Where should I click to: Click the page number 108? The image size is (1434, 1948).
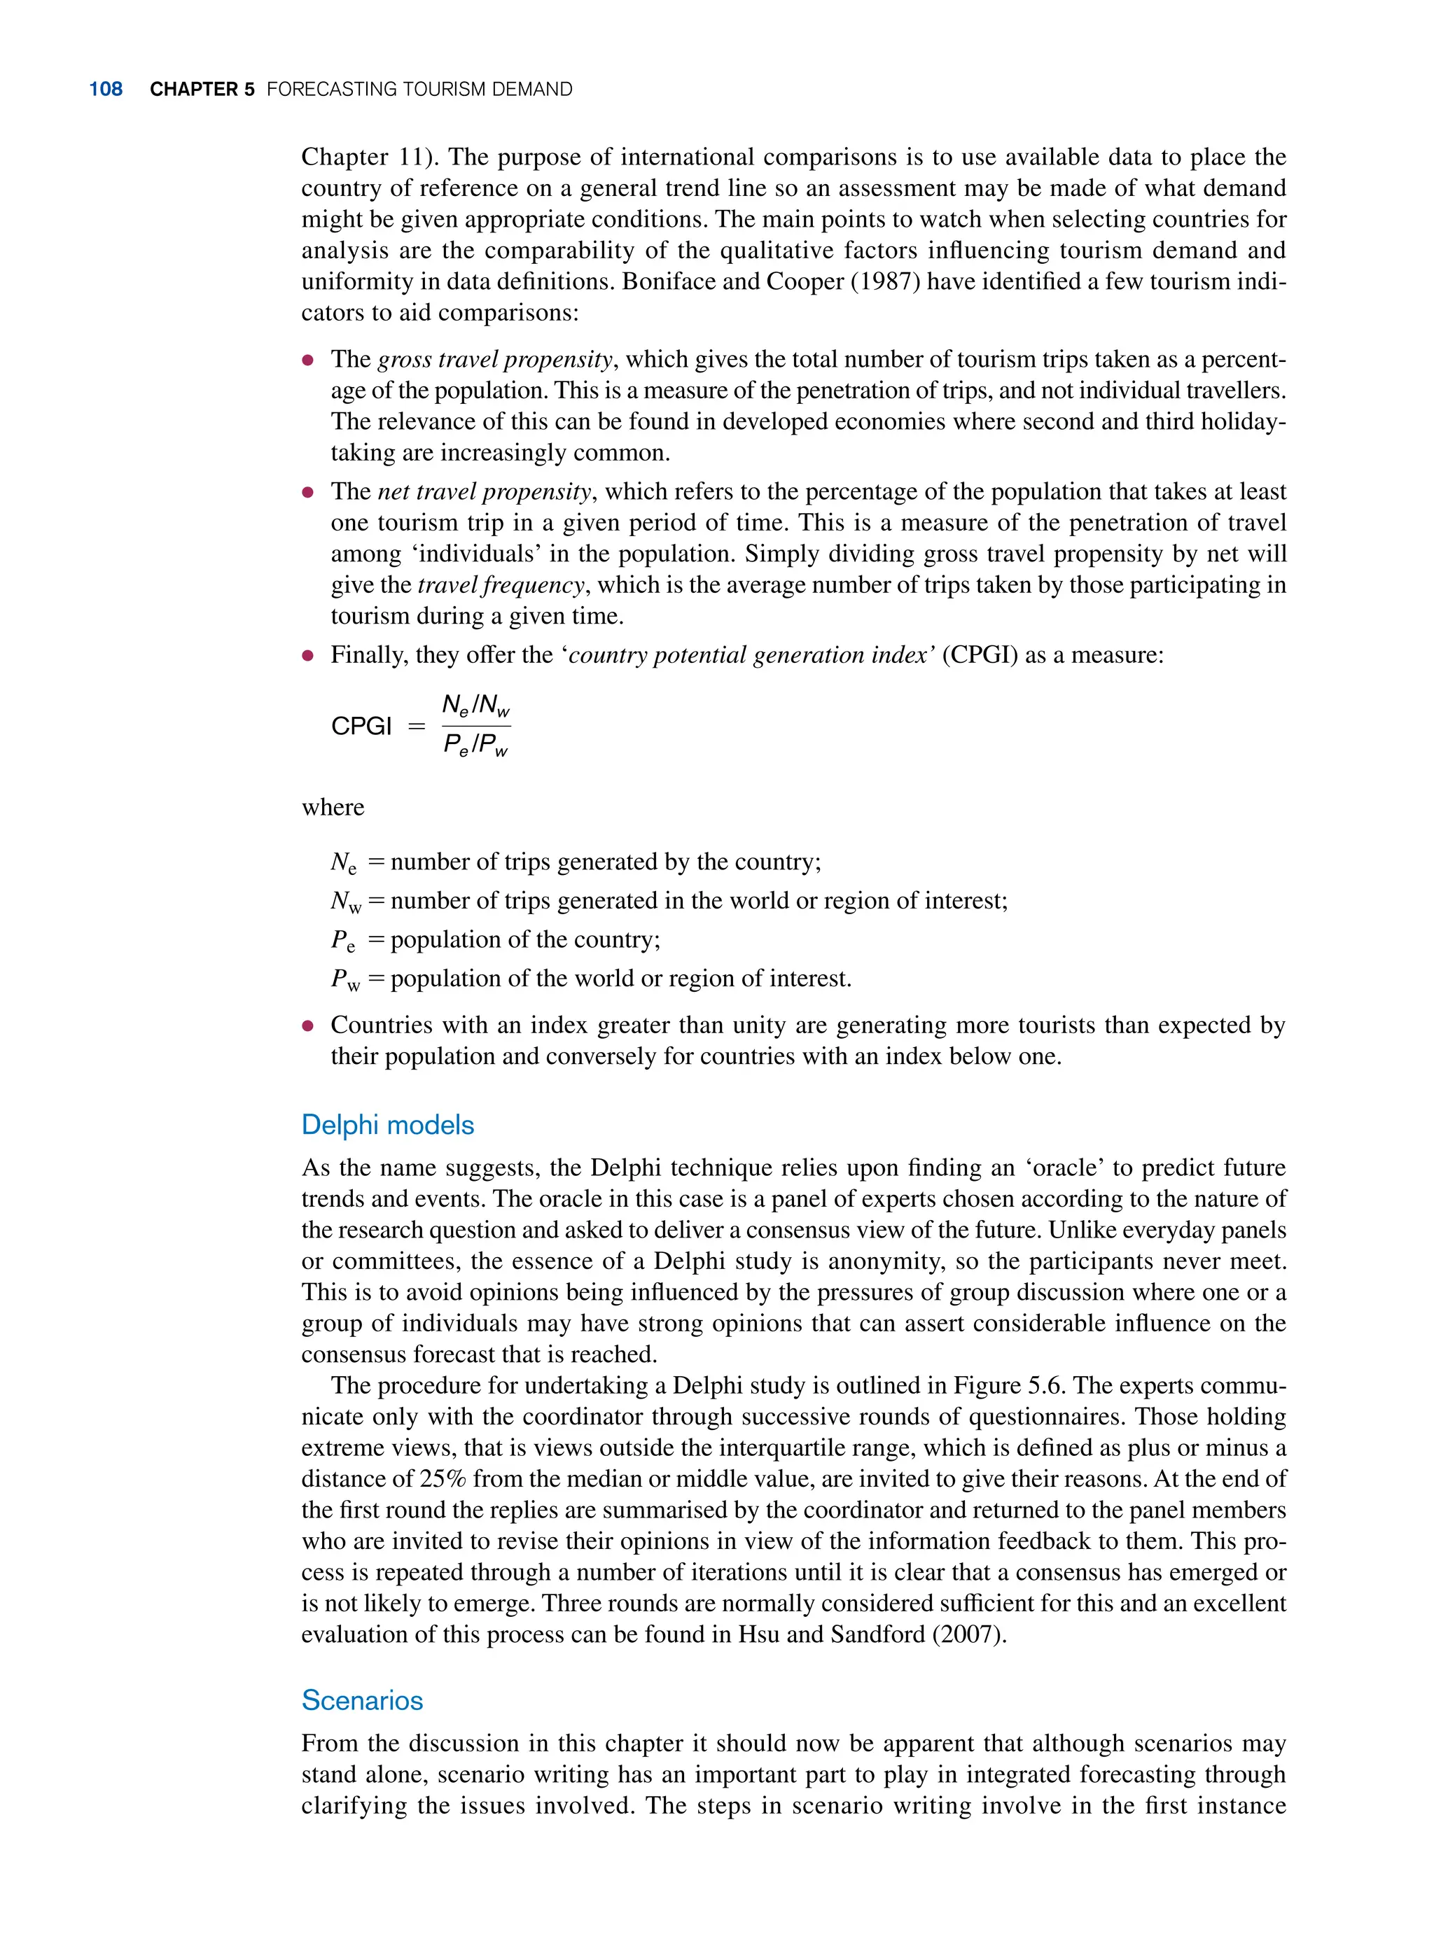pyautogui.click(x=105, y=90)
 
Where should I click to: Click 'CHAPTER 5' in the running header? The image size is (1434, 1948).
pyautogui.click(x=202, y=90)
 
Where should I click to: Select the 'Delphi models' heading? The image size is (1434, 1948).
pyautogui.click(x=387, y=1125)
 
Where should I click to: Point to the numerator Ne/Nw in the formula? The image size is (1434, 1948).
pyautogui.click(x=475, y=706)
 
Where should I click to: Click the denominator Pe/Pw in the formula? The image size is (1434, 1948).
pyautogui.click(x=475, y=745)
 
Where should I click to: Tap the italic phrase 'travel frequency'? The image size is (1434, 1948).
pyautogui.click(x=501, y=585)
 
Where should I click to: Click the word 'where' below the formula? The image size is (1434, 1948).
pyautogui.click(x=333, y=807)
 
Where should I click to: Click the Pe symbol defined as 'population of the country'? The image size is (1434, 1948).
pyautogui.click(x=343, y=941)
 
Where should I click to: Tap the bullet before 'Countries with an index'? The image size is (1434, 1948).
pyautogui.click(x=307, y=1025)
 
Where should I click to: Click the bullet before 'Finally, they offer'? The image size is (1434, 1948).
pyautogui.click(x=307, y=655)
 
